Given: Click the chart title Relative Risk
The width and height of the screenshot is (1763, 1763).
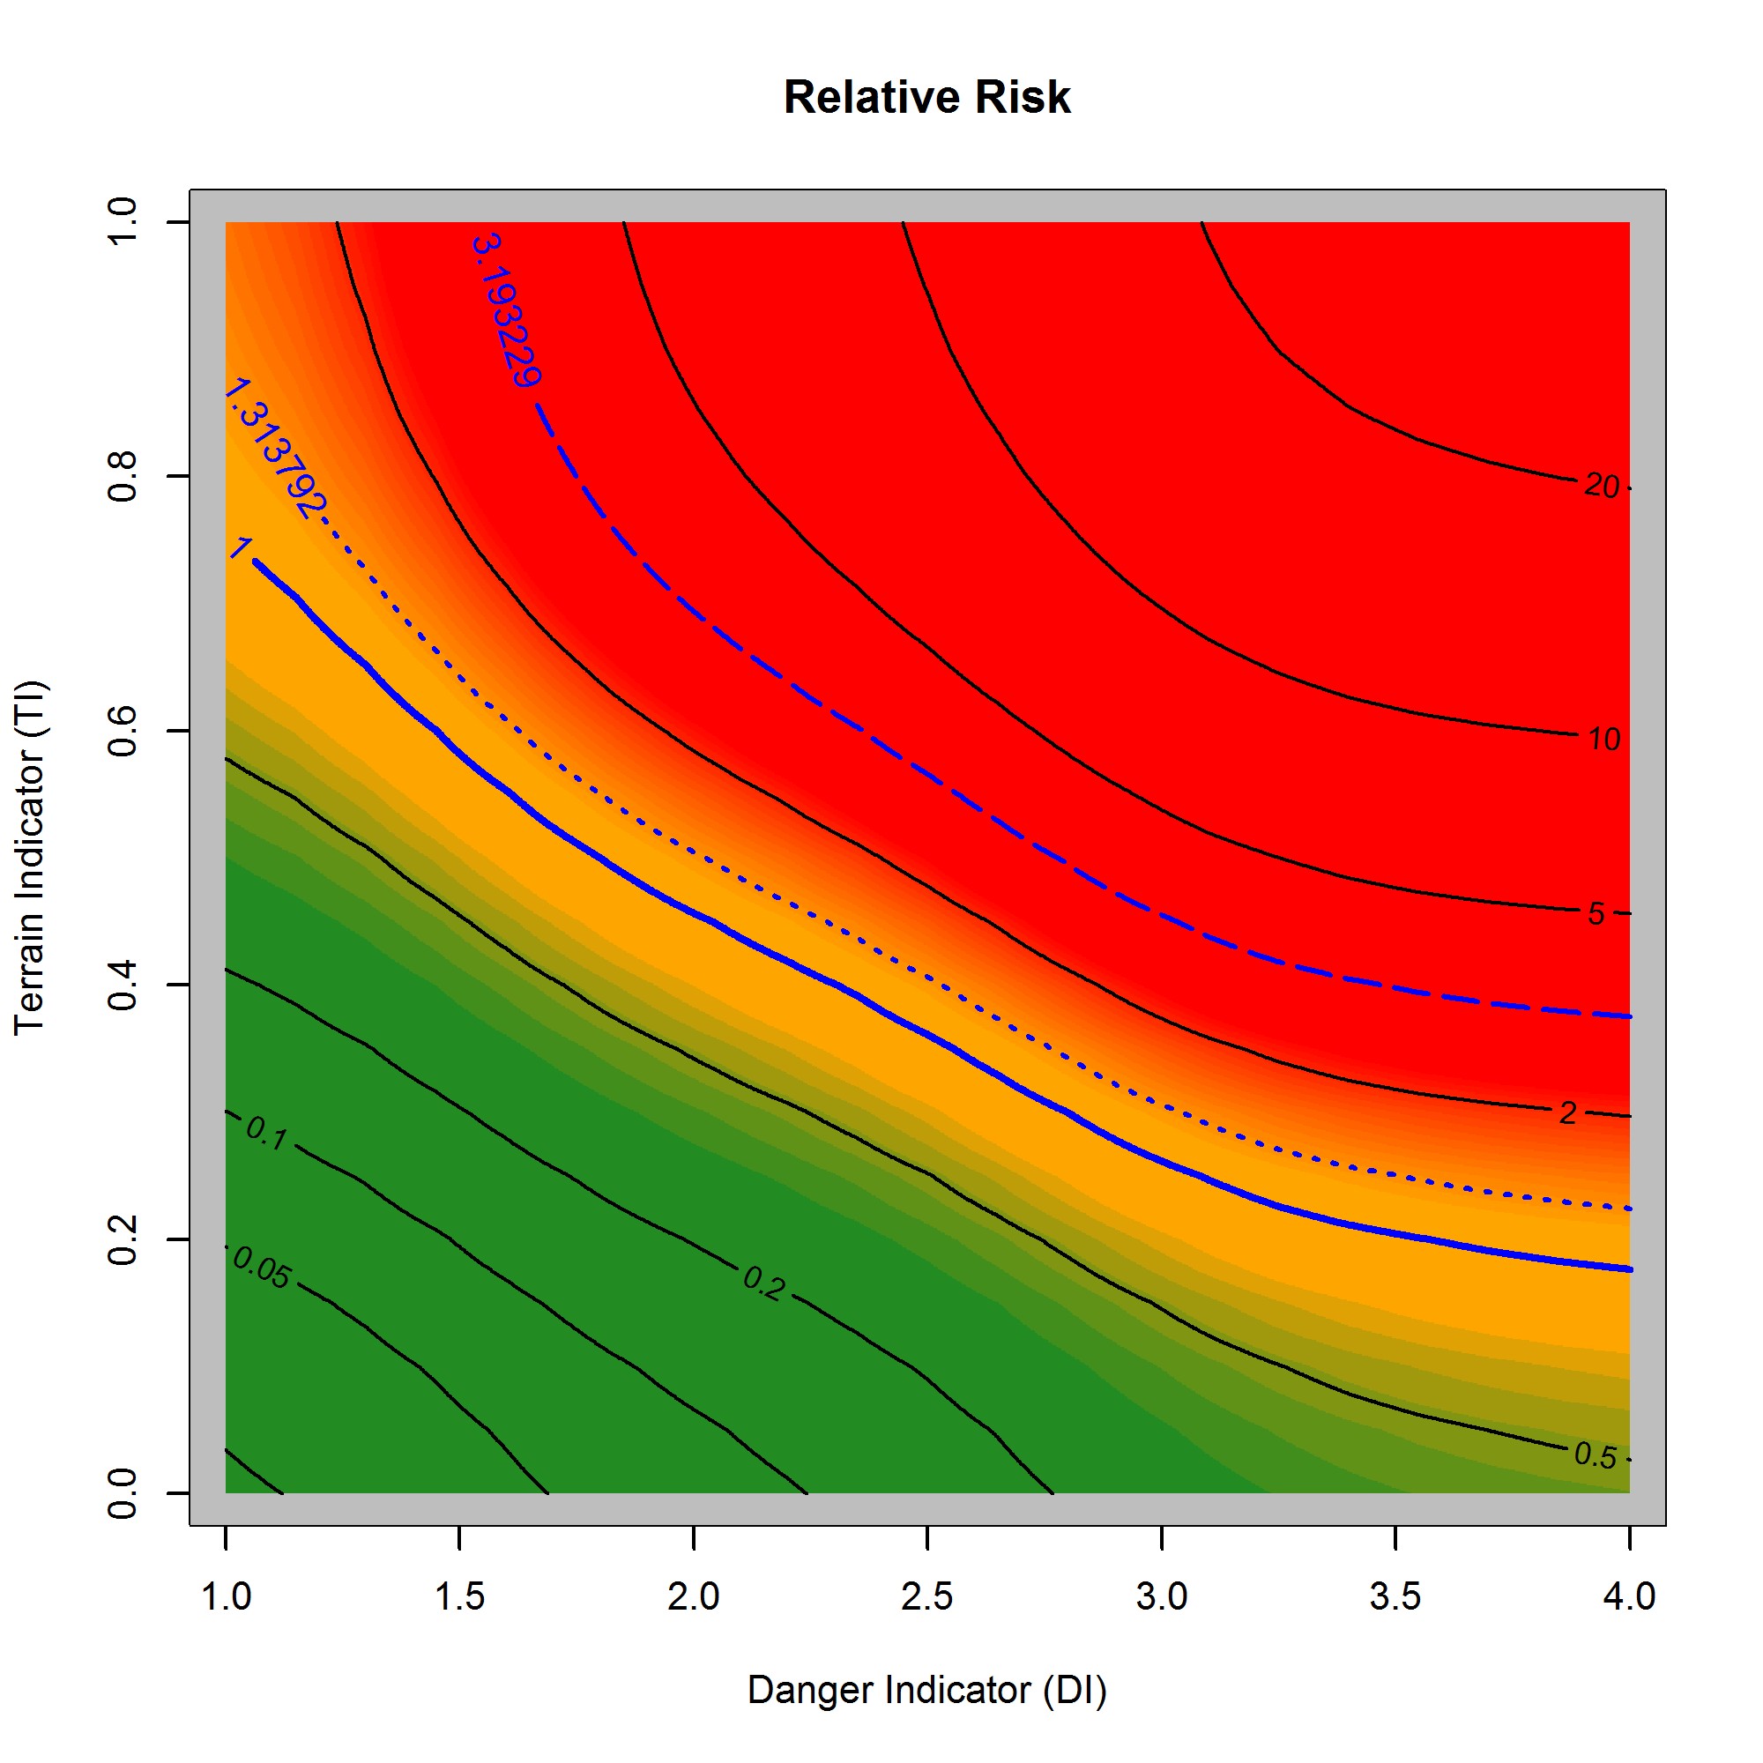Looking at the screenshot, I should (926, 98).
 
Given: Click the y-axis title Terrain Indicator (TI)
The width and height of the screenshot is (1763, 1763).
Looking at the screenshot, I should (30, 857).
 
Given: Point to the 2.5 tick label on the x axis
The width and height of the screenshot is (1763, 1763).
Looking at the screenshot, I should (926, 1597).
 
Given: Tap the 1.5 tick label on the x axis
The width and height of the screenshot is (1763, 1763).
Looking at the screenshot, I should (459, 1597).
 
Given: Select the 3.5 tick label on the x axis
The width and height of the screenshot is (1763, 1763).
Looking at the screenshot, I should (1395, 1597).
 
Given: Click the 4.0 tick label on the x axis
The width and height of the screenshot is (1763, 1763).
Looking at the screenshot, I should (1629, 1597).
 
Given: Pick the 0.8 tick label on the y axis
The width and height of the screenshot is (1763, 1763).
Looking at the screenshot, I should (123, 475).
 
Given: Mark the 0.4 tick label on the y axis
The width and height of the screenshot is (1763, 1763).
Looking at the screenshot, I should (123, 985).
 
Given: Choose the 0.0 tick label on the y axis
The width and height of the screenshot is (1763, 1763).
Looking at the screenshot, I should (123, 1494).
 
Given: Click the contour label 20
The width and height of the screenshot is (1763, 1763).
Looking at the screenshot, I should (1602, 487).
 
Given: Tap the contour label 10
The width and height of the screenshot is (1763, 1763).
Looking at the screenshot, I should (1603, 740).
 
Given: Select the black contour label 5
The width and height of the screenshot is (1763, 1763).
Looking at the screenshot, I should (1596, 913).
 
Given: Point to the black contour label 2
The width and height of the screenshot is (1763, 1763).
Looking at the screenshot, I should (1567, 1113).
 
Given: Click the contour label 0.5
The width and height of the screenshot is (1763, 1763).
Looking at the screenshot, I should (1596, 1456).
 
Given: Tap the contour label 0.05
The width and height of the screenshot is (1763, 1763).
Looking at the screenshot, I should (262, 1268).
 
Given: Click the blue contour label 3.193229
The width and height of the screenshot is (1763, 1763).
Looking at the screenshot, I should (508, 310).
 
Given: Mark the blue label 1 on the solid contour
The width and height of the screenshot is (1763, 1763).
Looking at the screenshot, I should (240, 547).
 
